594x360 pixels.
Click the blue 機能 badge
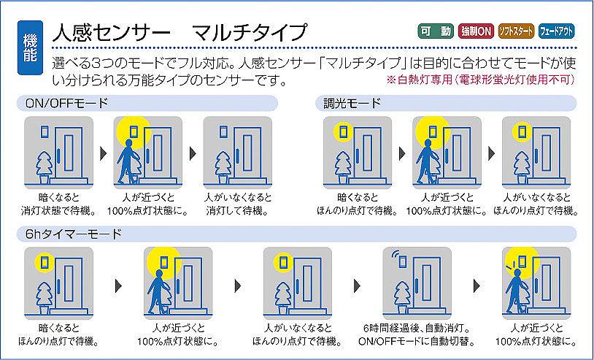pyautogui.click(x=30, y=47)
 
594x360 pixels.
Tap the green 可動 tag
pyautogui.click(x=435, y=31)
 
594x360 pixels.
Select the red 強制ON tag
pyautogui.click(x=476, y=31)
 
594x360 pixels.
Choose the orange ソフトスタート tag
pyautogui.click(x=516, y=31)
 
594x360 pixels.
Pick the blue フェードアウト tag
pyautogui.click(x=556, y=31)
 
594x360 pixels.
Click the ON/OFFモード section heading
pyautogui.click(x=66, y=103)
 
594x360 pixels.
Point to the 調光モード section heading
pyautogui.click(x=352, y=103)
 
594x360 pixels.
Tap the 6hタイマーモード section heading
pyautogui.click(x=74, y=234)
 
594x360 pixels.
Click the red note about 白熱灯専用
pyautogui.click(x=480, y=80)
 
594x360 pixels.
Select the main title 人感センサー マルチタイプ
pyautogui.click(x=180, y=32)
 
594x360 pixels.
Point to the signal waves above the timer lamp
pyautogui.click(x=396, y=254)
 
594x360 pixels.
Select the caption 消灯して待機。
pyautogui.click(x=237, y=210)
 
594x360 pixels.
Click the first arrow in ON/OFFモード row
pyautogui.click(x=104, y=153)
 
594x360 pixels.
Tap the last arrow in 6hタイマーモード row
pyautogui.click(x=477, y=286)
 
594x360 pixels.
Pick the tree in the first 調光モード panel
pyautogui.click(x=343, y=167)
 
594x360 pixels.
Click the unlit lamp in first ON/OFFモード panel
pyautogui.click(x=45, y=132)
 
